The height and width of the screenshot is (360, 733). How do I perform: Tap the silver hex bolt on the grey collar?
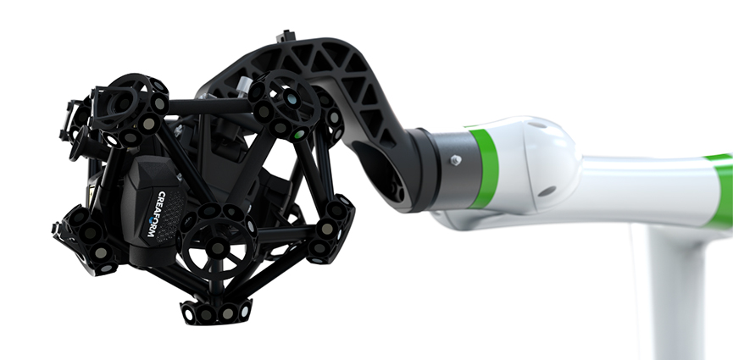click(456, 160)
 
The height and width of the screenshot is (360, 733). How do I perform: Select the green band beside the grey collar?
click(485, 169)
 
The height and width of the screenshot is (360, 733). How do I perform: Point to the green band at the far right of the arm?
click(723, 191)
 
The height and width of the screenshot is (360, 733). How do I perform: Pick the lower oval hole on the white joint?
click(547, 191)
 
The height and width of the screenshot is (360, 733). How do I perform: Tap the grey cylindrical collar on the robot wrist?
click(452, 169)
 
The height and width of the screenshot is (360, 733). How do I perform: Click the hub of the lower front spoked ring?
click(218, 247)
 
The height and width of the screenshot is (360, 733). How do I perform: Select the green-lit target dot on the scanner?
click(299, 135)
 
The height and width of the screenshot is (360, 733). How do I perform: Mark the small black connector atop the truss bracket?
click(286, 36)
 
